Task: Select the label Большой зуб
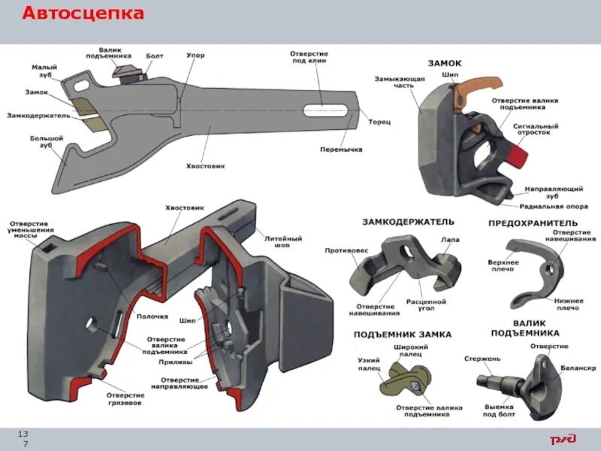(46, 142)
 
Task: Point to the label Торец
(379, 120)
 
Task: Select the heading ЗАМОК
(445, 64)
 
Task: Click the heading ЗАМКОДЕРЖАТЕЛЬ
(409, 222)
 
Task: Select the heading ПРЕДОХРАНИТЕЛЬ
(533, 223)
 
